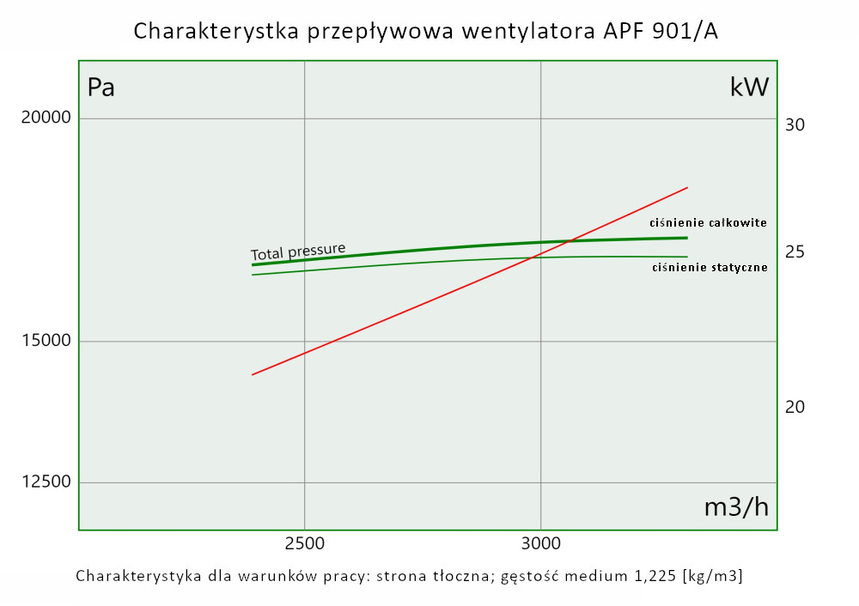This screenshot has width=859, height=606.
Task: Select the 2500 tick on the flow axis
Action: click(304, 544)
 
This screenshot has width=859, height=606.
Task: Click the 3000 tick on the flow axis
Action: click(540, 544)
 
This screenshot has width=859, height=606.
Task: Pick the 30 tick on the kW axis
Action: click(795, 125)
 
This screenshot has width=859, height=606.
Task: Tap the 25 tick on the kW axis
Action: click(795, 252)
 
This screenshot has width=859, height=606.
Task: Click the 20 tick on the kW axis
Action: click(795, 407)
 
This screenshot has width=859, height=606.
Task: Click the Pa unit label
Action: click(101, 88)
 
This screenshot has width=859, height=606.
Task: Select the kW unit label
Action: click(749, 88)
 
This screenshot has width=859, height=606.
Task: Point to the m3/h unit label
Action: click(736, 507)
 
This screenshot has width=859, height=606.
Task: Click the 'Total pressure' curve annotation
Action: click(298, 251)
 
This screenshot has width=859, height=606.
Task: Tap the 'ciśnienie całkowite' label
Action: click(708, 222)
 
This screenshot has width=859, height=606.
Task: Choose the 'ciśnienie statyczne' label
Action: click(710, 268)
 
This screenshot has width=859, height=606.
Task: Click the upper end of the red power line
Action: click(688, 187)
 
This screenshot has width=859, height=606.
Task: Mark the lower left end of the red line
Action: click(252, 375)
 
